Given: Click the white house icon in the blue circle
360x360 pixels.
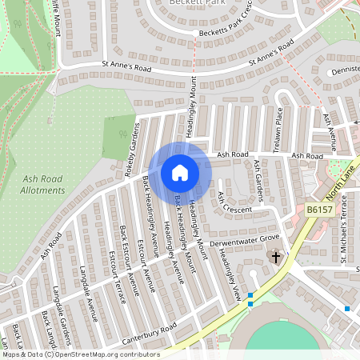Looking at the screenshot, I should tap(180, 172).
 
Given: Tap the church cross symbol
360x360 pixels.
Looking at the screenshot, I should tap(276, 258).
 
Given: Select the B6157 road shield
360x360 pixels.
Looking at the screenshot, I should tap(318, 210).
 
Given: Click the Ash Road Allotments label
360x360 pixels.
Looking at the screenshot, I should tap(43, 185).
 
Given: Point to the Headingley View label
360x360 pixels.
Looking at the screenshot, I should tap(230, 272).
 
